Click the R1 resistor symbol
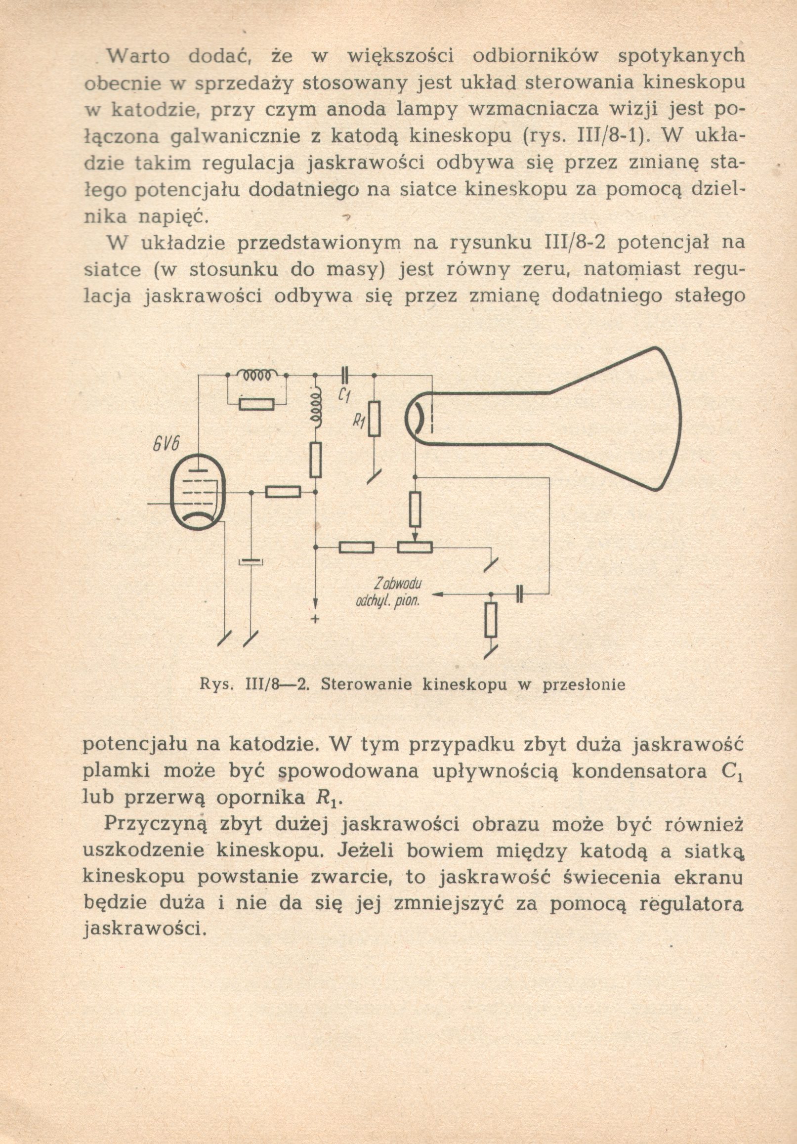374,419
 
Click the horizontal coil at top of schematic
256,374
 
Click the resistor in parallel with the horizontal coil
256,404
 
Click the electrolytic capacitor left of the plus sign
251,562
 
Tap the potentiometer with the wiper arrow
415,547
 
